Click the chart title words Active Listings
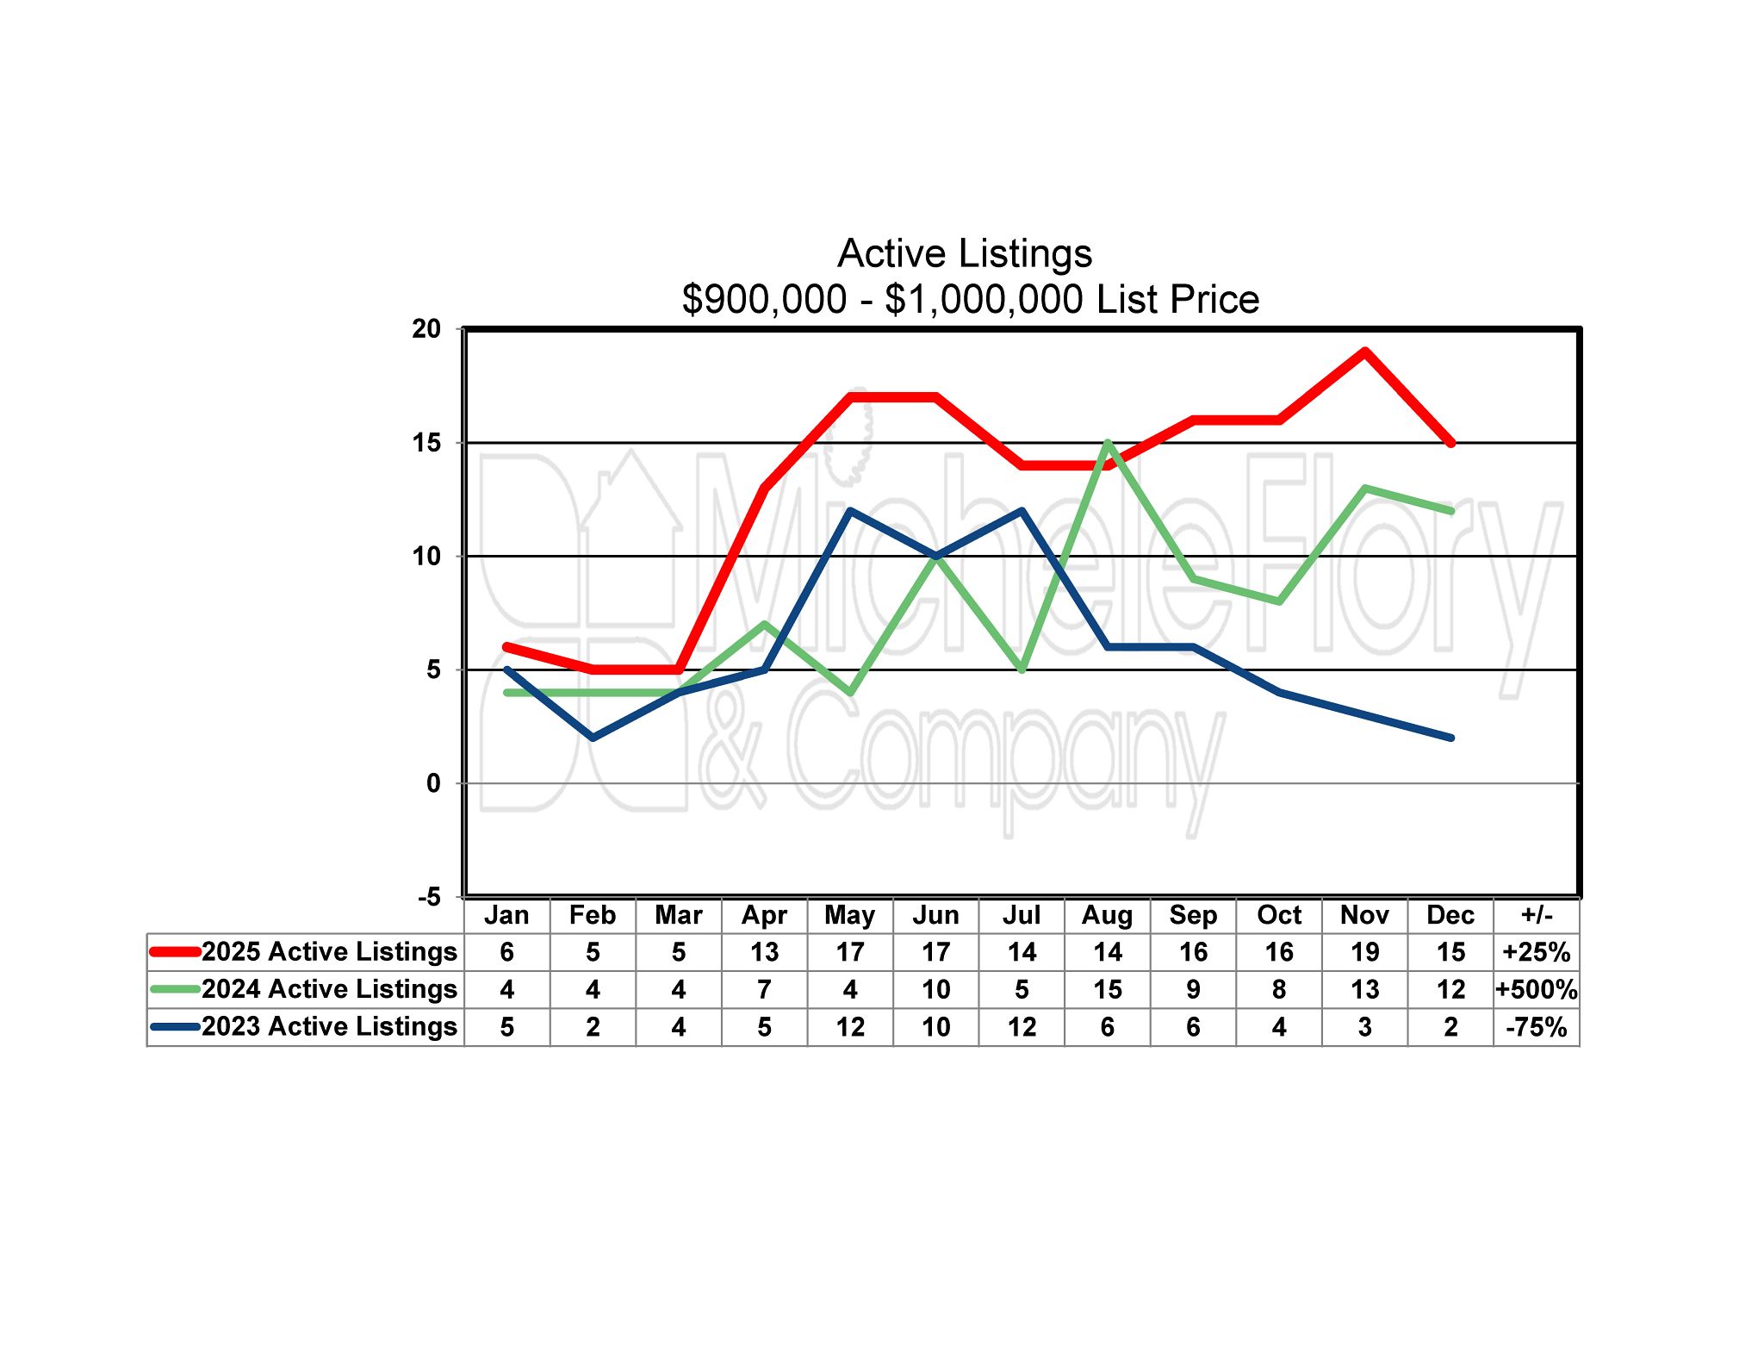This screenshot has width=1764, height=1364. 965,253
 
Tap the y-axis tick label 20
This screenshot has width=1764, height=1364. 426,329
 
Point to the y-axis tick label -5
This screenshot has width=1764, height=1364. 429,897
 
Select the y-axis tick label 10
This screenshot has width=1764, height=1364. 426,557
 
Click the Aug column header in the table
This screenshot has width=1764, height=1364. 1107,915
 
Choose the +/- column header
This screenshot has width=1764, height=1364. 1537,915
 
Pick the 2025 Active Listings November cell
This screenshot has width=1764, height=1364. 1364,952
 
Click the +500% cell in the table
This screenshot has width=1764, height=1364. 1537,990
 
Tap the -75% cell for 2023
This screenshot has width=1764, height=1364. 1537,1027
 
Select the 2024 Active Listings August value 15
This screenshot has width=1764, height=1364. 1107,990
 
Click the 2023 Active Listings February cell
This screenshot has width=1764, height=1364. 593,1027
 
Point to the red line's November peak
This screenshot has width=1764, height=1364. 1365,352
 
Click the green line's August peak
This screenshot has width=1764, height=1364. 1108,443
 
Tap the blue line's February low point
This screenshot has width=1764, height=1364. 593,738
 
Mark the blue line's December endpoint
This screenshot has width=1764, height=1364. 1451,738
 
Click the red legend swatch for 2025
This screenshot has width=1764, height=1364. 176,952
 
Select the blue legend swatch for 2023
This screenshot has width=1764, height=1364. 176,1027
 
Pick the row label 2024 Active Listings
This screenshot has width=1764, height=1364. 329,990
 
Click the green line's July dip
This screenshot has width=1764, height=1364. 1022,670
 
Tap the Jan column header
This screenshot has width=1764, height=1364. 506,915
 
